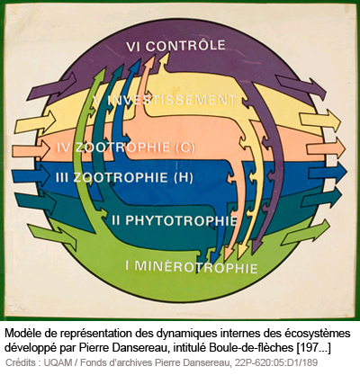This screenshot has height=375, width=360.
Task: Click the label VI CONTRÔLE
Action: tap(175, 46)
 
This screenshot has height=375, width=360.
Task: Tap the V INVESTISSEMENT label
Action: tap(165, 100)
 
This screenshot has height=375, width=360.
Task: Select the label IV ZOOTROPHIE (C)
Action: tap(126, 147)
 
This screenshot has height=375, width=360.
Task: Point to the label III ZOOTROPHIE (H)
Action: tap(124, 177)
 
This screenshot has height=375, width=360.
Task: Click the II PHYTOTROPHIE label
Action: tap(175, 220)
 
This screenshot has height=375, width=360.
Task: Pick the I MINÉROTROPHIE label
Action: tap(192, 266)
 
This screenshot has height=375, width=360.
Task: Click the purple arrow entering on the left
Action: tap(51, 86)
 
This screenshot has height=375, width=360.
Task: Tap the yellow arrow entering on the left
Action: tap(35, 122)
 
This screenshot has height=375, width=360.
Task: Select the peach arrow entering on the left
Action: tap(31, 149)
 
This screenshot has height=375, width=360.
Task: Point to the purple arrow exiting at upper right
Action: tap(301, 87)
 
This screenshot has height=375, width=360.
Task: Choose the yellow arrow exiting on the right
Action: tap(320, 121)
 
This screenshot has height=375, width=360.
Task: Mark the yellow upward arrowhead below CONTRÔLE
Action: tap(164, 64)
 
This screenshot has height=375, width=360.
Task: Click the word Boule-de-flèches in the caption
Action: tap(251, 347)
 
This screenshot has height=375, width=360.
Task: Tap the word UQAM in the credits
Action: tap(58, 362)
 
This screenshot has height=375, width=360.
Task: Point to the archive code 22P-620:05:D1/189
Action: tap(276, 362)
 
